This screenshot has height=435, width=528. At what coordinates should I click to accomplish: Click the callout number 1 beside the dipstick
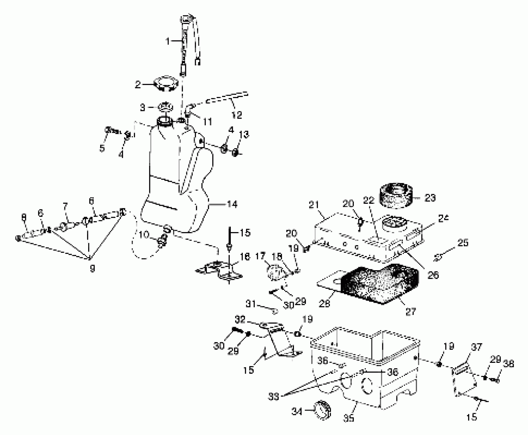tap(168, 41)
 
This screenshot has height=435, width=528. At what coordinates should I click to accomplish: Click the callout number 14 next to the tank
tap(232, 204)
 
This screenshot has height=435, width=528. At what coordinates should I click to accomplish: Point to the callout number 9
tap(92, 268)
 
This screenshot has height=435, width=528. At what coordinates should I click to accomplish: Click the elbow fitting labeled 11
tap(189, 111)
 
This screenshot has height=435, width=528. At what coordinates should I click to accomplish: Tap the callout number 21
tap(314, 205)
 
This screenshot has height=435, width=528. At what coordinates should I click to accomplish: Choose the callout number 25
tap(463, 243)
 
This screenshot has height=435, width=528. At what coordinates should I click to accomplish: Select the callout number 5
tap(102, 148)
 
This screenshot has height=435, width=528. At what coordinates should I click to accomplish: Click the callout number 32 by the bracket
tap(240, 320)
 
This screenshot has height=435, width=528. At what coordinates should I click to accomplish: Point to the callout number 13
tap(244, 134)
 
